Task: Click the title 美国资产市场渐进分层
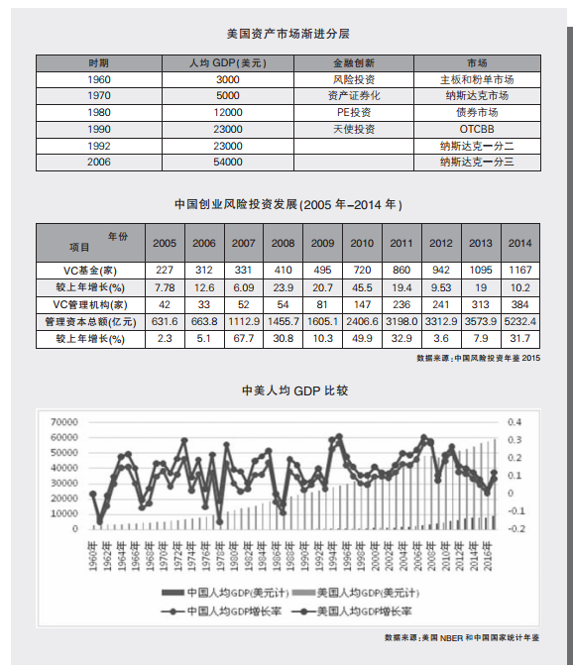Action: point(287,34)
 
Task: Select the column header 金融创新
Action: point(354,62)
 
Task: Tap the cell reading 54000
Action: point(228,162)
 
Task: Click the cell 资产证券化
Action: point(354,96)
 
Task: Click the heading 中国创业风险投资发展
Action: point(287,205)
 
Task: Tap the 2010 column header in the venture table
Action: point(362,243)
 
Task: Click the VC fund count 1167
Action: point(519,270)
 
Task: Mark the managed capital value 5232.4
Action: point(519,321)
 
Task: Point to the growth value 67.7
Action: point(244,339)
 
